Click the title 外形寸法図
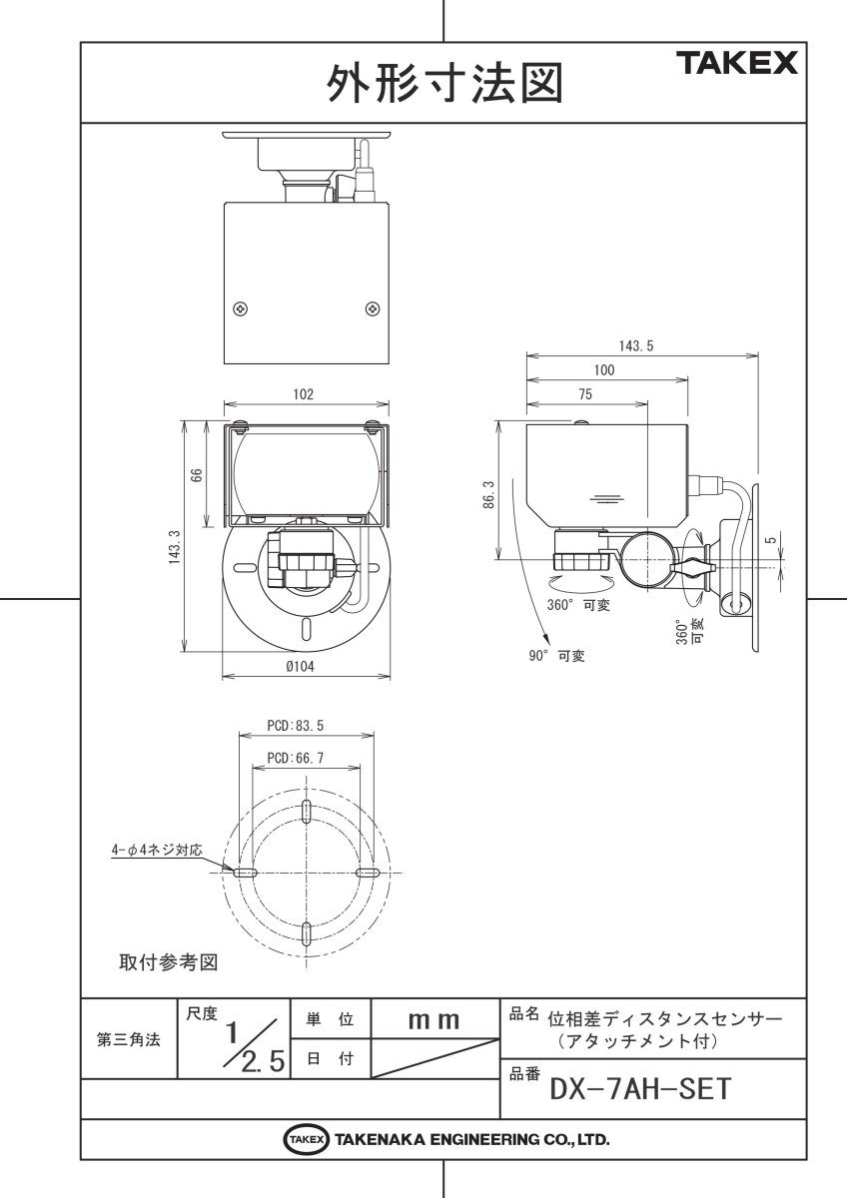tap(443, 83)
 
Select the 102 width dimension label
tap(304, 394)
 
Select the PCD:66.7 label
tap(296, 759)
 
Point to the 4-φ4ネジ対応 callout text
tap(157, 852)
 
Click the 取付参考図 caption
tap(168, 963)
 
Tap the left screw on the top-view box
tap(240, 308)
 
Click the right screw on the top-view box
tap(372, 308)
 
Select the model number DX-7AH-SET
tap(640, 1086)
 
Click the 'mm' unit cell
tap(434, 1020)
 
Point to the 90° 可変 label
tap(557, 656)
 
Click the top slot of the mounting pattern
tap(307, 809)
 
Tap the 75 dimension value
tap(585, 394)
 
